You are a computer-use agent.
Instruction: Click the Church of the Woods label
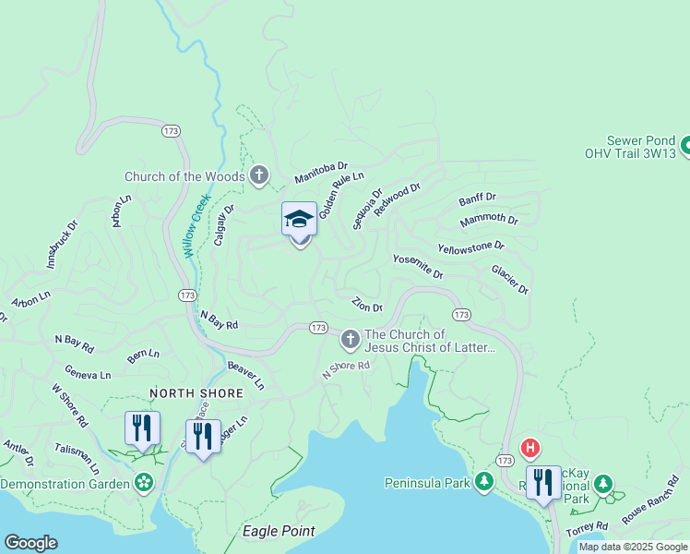pyautogui.click(x=185, y=176)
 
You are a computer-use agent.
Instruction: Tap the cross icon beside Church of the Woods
pyautogui.click(x=260, y=175)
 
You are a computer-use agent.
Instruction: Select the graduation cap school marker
pyautogui.click(x=299, y=221)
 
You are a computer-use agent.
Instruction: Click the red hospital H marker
pyautogui.click(x=530, y=449)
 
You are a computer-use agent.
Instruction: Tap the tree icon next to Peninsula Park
pyautogui.click(x=484, y=482)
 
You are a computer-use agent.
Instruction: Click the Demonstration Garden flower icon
pyautogui.click(x=144, y=483)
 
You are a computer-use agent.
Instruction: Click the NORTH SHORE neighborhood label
pyautogui.click(x=197, y=393)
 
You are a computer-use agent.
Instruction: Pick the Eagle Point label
pyautogui.click(x=279, y=531)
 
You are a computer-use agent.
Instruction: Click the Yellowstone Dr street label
pyautogui.click(x=471, y=247)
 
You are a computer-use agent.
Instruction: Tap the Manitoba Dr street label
pyautogui.click(x=321, y=172)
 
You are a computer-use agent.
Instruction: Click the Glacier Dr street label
pyautogui.click(x=510, y=280)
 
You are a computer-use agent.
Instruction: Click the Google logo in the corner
pyautogui.click(x=31, y=543)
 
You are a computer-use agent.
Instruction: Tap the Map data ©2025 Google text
pyautogui.click(x=632, y=547)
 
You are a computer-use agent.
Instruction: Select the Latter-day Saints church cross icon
pyautogui.click(x=350, y=340)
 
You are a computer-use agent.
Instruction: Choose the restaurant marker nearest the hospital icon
pyautogui.click(x=543, y=482)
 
